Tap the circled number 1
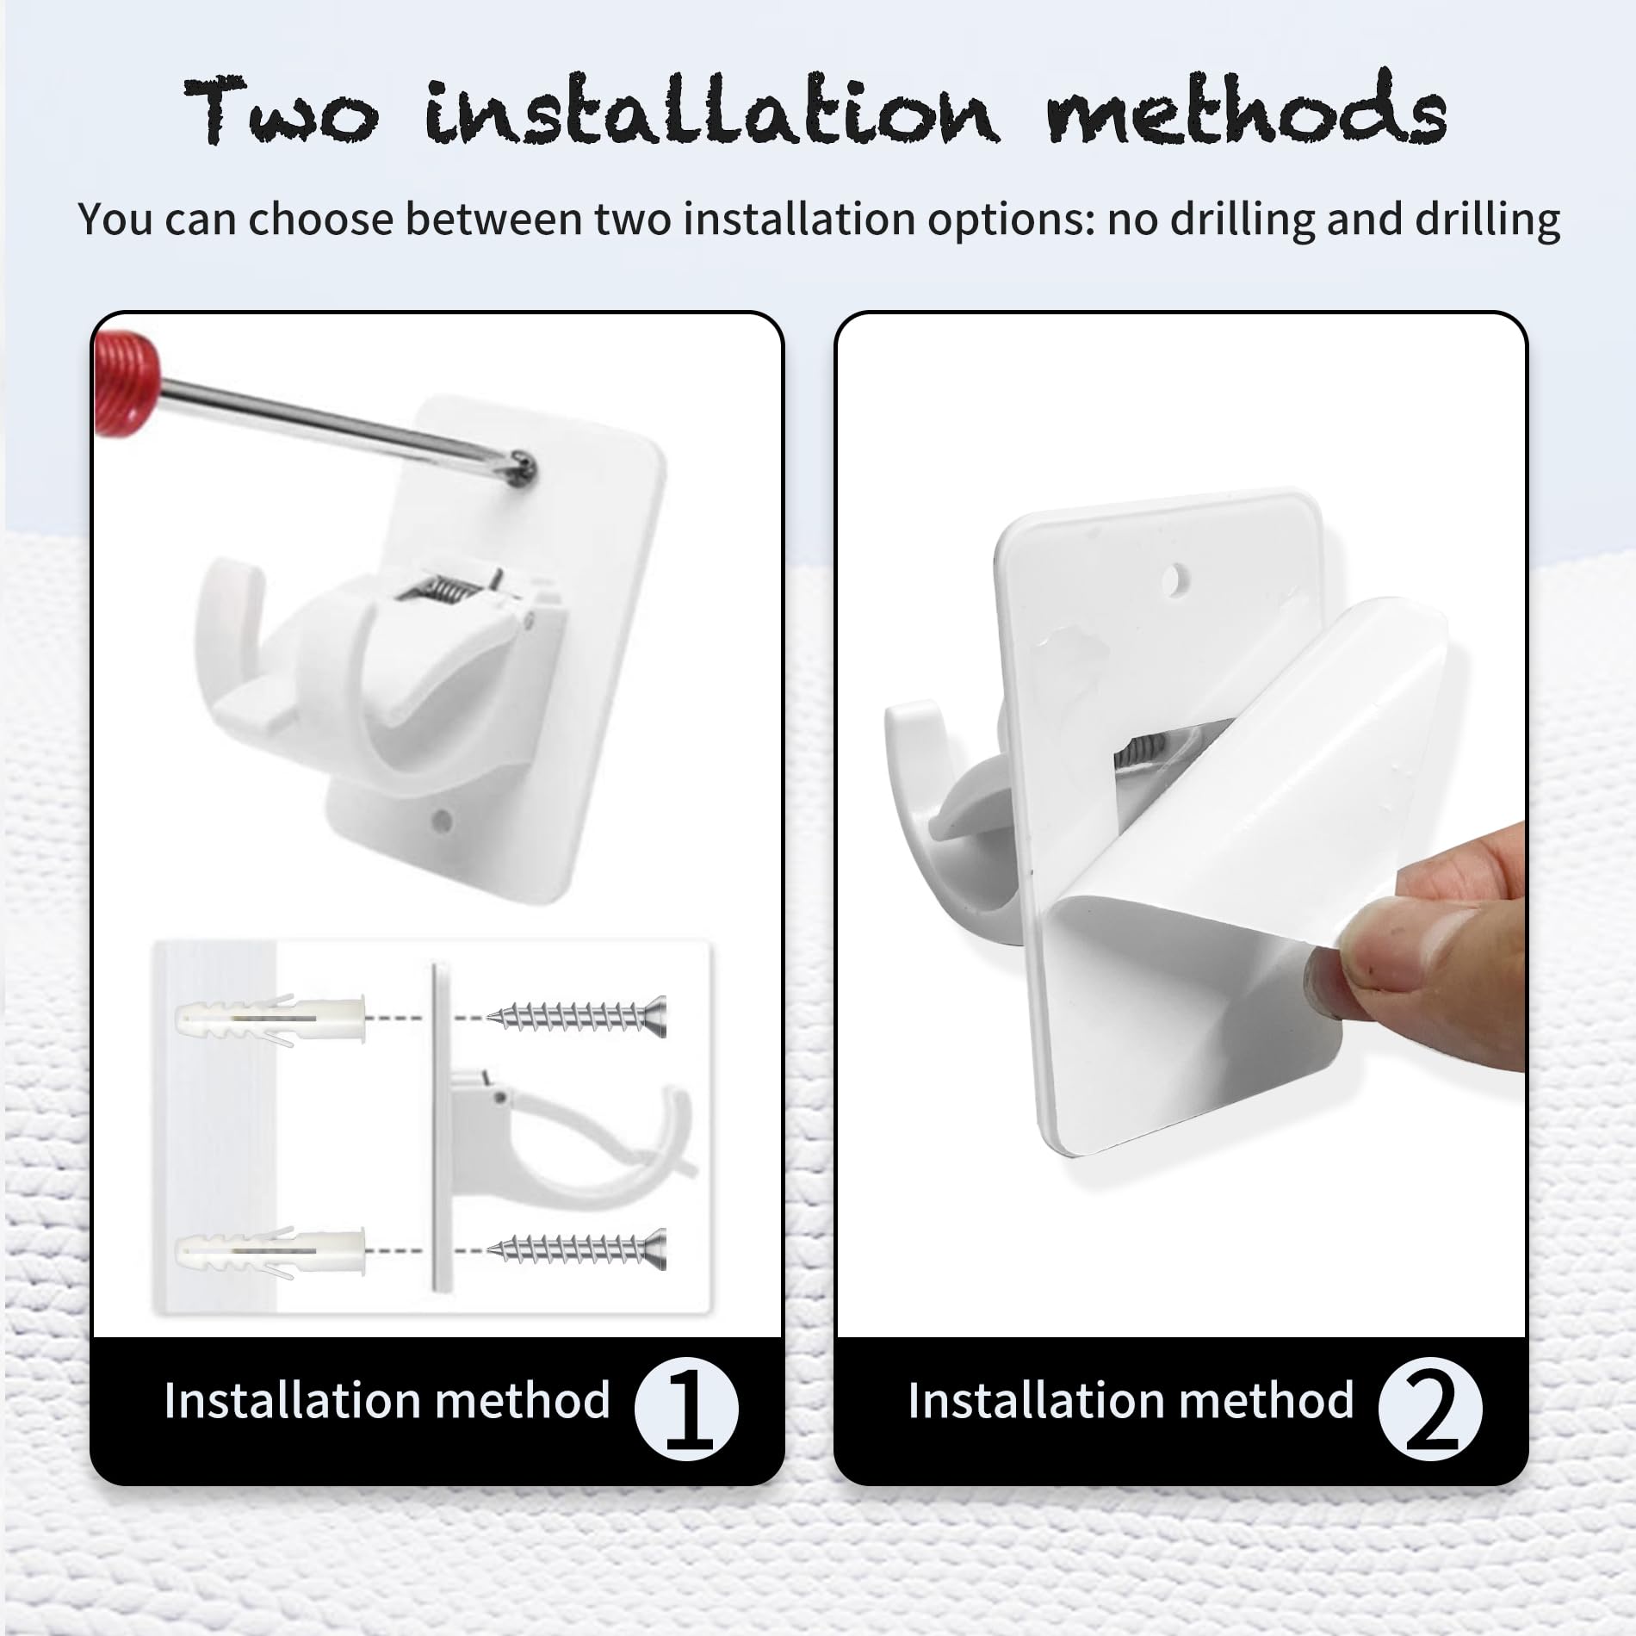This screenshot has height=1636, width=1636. (x=686, y=1410)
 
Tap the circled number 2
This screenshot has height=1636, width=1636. (x=1430, y=1410)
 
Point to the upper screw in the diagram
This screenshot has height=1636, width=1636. (x=576, y=1017)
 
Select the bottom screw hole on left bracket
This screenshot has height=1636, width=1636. (x=443, y=819)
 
